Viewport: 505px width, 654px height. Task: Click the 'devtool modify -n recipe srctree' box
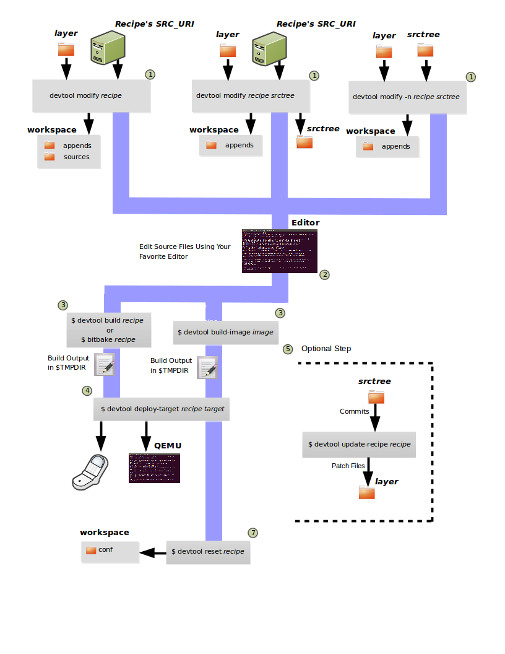pos(406,97)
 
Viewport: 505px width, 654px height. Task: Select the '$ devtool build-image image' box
pos(225,332)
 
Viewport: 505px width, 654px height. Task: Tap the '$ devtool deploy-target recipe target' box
pos(162,409)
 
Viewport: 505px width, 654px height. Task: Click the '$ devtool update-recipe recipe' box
pos(359,444)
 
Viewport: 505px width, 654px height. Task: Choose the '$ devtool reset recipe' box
pos(208,551)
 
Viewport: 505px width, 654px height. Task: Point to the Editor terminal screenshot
pos(280,251)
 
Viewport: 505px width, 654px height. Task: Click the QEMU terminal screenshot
pos(155,468)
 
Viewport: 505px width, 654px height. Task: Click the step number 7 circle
pos(252,533)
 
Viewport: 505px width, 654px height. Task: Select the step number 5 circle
pos(287,349)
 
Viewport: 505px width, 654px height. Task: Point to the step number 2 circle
pos(324,274)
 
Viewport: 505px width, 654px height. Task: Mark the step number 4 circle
pos(87,391)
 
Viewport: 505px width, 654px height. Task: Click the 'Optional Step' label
pos(326,349)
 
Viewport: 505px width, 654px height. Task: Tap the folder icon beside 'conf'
pos(91,550)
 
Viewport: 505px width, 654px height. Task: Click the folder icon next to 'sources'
pos(50,157)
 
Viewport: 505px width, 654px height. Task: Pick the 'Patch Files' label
pos(348,466)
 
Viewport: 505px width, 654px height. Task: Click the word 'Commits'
pos(355,411)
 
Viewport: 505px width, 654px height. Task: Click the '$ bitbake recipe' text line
pos(108,339)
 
